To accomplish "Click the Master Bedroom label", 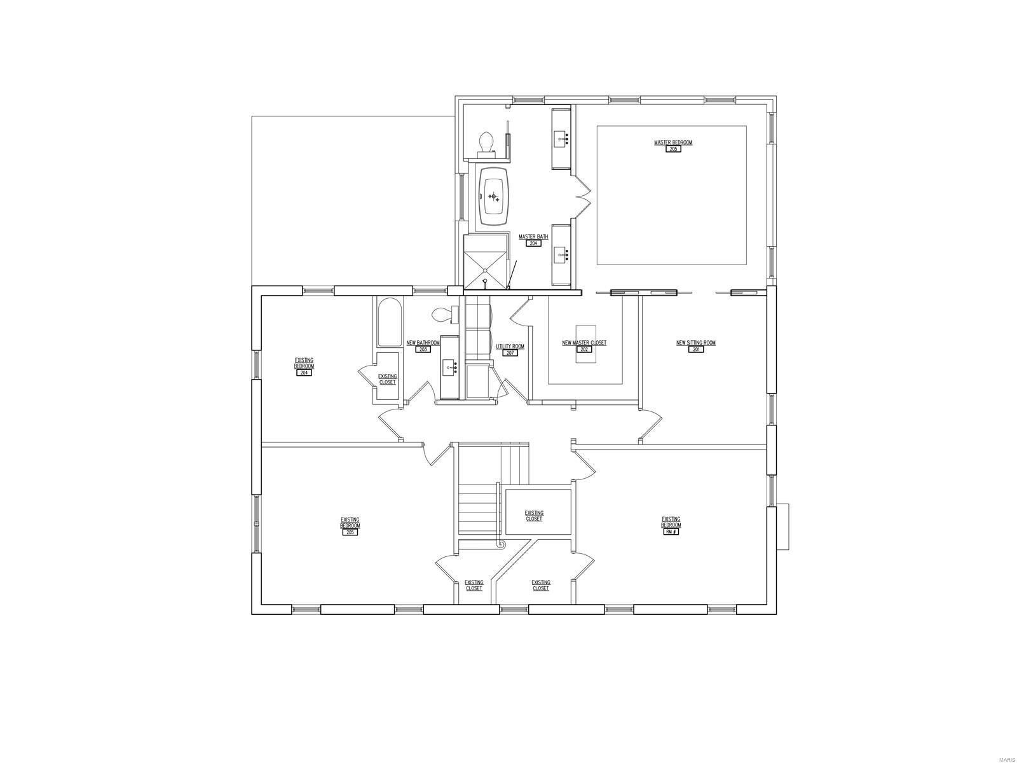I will pyautogui.click(x=673, y=142).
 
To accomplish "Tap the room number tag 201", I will pyautogui.click(x=696, y=349).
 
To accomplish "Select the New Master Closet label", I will pyautogui.click(x=584, y=343).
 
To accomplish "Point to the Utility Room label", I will pyautogui.click(x=510, y=347).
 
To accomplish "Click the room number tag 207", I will pyautogui.click(x=510, y=353).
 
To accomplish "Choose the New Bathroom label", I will pyautogui.click(x=423, y=343).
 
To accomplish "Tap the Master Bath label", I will pyautogui.click(x=533, y=237).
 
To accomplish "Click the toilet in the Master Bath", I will pyautogui.click(x=487, y=143).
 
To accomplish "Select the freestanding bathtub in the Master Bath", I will pyautogui.click(x=493, y=196).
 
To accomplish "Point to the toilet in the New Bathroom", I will pyautogui.click(x=443, y=314).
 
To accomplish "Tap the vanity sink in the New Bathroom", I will pyautogui.click(x=449, y=367).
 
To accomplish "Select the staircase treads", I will pyautogui.click(x=477, y=509).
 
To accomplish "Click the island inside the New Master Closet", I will pyautogui.click(x=585, y=343).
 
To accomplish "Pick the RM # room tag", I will pyautogui.click(x=671, y=532).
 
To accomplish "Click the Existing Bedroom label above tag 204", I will pyautogui.click(x=304, y=363).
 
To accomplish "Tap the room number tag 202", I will pyautogui.click(x=584, y=349).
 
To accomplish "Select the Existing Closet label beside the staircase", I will pyautogui.click(x=534, y=516).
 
